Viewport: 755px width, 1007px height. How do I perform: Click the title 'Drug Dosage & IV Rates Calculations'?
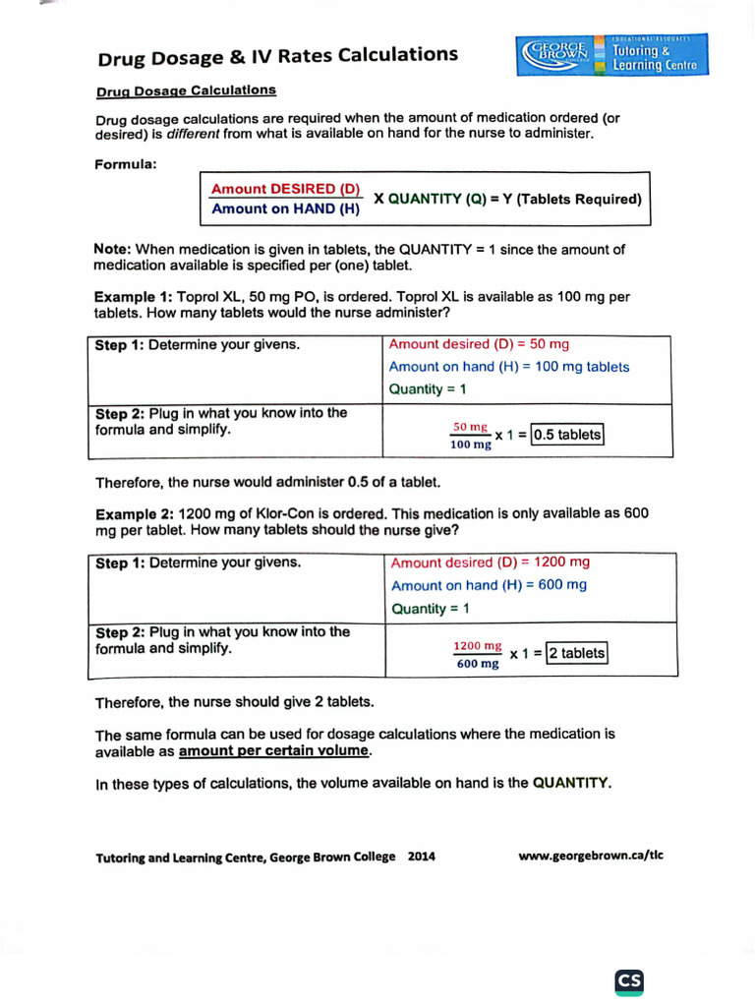(x=277, y=56)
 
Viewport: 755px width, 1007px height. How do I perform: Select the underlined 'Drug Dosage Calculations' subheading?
(x=186, y=90)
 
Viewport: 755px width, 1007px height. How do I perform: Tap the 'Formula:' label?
(x=126, y=164)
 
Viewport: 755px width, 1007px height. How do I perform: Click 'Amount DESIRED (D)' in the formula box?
(x=286, y=189)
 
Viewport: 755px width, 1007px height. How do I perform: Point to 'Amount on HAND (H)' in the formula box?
(x=286, y=208)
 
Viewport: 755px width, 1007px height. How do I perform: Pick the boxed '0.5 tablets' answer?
(x=566, y=435)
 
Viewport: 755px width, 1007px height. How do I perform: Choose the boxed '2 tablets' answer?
(x=577, y=653)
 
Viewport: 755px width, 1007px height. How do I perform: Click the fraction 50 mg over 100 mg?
(x=470, y=436)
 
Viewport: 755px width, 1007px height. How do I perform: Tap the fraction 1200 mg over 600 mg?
(x=478, y=654)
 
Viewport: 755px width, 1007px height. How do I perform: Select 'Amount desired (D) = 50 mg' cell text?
(x=479, y=344)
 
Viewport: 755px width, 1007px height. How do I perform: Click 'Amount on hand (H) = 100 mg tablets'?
(x=509, y=367)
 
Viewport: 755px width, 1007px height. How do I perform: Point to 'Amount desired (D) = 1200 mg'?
(x=491, y=563)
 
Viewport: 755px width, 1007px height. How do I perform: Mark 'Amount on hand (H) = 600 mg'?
(x=489, y=585)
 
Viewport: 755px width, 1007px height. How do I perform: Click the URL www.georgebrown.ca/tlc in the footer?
(x=590, y=855)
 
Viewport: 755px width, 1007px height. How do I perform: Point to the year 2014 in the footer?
(x=421, y=857)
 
